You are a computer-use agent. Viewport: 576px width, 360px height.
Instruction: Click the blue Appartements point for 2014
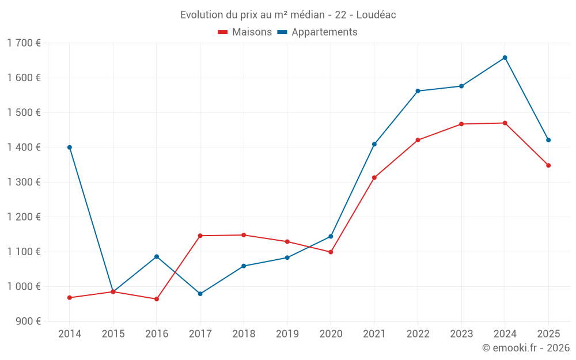click(x=70, y=147)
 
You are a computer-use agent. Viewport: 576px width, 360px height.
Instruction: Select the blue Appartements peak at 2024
click(x=505, y=58)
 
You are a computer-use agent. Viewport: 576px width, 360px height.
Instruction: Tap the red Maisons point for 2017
click(x=200, y=236)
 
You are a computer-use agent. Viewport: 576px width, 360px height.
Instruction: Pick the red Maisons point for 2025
click(x=548, y=165)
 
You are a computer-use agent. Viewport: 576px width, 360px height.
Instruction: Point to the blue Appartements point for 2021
click(x=374, y=144)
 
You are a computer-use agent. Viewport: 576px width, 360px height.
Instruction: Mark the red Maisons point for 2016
click(x=157, y=299)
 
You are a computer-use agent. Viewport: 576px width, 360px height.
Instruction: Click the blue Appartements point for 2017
click(x=200, y=294)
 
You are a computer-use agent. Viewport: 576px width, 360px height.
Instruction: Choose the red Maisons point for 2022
click(x=418, y=140)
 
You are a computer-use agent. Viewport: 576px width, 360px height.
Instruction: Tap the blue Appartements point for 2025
click(x=548, y=140)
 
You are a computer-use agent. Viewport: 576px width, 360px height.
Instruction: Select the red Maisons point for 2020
click(x=331, y=252)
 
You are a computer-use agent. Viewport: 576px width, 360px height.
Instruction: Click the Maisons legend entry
click(x=245, y=32)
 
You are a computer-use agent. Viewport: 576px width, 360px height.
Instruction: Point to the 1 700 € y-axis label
click(x=24, y=43)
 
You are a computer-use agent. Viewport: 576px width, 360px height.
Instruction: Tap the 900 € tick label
click(x=28, y=321)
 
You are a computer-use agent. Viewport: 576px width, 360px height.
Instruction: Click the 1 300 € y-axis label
click(x=24, y=182)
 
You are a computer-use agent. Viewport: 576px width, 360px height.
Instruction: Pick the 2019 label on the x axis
click(x=287, y=334)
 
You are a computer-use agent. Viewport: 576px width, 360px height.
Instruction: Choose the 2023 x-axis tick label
click(x=461, y=334)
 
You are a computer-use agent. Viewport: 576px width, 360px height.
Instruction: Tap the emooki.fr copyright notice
click(x=526, y=348)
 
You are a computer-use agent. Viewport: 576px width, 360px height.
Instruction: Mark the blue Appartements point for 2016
click(x=157, y=256)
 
